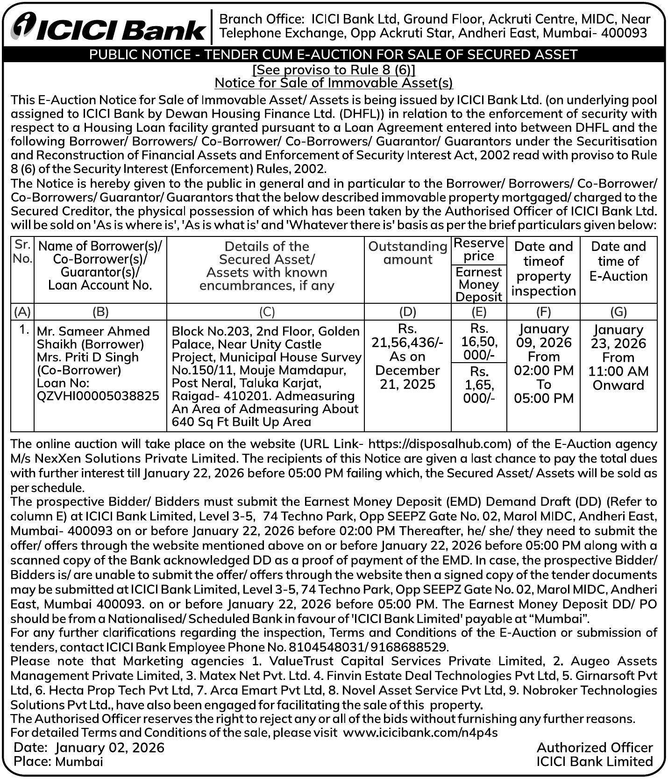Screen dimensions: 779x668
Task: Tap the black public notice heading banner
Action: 334,55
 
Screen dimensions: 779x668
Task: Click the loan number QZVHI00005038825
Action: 98,396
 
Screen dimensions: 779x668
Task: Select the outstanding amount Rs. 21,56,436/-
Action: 407,343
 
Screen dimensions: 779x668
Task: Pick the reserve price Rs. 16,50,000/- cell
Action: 479,341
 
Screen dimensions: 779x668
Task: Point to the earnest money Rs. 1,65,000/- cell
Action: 479,385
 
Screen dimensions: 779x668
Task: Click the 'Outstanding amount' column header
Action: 407,253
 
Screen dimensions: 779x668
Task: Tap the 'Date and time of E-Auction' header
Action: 618,261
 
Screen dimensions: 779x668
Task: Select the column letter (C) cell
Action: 266,312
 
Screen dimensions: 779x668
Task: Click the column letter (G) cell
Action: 618,312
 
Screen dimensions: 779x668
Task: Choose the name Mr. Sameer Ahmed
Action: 93,331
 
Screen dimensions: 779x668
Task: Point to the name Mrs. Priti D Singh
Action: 88,357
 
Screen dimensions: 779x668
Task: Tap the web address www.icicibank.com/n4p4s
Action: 420,732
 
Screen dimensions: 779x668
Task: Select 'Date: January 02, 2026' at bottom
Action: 89,748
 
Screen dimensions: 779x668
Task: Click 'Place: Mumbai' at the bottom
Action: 58,762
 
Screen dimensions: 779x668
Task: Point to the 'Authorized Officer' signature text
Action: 594,748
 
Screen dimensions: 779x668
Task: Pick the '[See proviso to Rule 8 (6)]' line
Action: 334,70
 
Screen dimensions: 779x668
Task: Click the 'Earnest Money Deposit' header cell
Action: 479,284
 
